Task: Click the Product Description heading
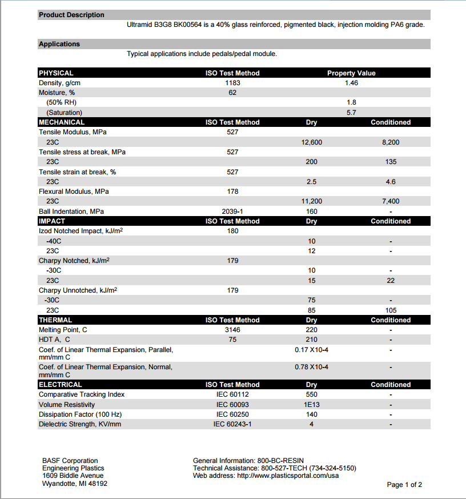(71, 15)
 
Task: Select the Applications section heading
(59, 44)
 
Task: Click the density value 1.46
(351, 83)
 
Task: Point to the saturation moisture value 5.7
(351, 113)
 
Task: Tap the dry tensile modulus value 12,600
(311, 142)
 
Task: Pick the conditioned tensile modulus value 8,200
(391, 142)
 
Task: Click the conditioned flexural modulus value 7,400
(391, 201)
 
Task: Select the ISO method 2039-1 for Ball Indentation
(232, 211)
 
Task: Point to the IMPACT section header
(52, 221)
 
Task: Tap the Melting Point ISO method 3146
(232, 330)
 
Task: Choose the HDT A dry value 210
(311, 340)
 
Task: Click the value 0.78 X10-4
(311, 366)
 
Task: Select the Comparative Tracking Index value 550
(311, 394)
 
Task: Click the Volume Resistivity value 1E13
(311, 405)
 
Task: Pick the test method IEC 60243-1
(232, 424)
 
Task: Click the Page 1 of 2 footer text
(404, 485)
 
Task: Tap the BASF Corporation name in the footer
(70, 461)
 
